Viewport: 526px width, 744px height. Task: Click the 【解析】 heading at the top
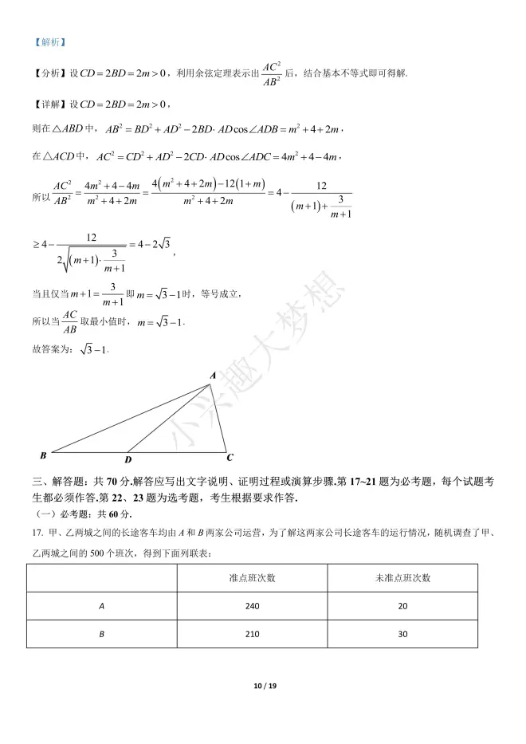pyautogui.click(x=49, y=42)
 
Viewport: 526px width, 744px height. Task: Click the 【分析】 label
pyautogui.click(x=49, y=74)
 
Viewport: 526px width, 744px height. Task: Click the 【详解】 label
pyautogui.click(x=49, y=104)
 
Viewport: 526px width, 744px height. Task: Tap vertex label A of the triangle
pyautogui.click(x=212, y=375)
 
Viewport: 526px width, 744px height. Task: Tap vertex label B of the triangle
pyautogui.click(x=42, y=455)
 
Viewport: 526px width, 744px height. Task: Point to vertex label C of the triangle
pyautogui.click(x=230, y=457)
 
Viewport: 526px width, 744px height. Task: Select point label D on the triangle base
pyautogui.click(x=128, y=459)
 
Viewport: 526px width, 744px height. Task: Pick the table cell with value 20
pyautogui.click(x=402, y=606)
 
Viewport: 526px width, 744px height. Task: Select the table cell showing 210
pyautogui.click(x=252, y=634)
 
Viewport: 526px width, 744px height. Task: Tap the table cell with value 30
pyautogui.click(x=402, y=634)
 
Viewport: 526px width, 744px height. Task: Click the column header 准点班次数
pyautogui.click(x=252, y=578)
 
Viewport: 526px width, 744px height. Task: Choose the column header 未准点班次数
pyautogui.click(x=402, y=578)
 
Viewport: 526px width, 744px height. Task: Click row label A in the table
pyautogui.click(x=102, y=606)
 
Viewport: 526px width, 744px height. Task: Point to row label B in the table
pyautogui.click(x=102, y=634)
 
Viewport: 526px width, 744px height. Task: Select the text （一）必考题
pyautogui.click(x=60, y=514)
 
